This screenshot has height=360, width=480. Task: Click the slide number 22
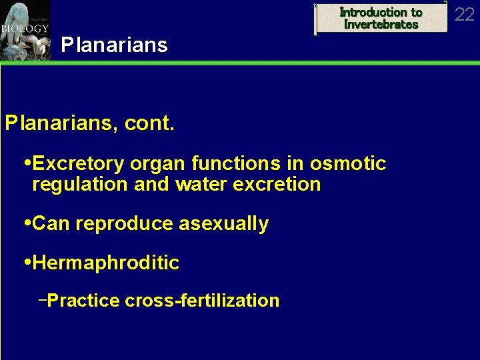point(464,14)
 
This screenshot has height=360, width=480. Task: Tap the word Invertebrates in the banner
point(381,25)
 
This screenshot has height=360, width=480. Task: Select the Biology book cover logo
point(25,30)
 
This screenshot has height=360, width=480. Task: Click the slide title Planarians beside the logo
point(114,45)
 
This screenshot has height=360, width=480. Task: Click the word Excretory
point(79,163)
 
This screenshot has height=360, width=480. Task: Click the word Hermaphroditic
point(105,263)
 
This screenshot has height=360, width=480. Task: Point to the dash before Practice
point(42,300)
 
